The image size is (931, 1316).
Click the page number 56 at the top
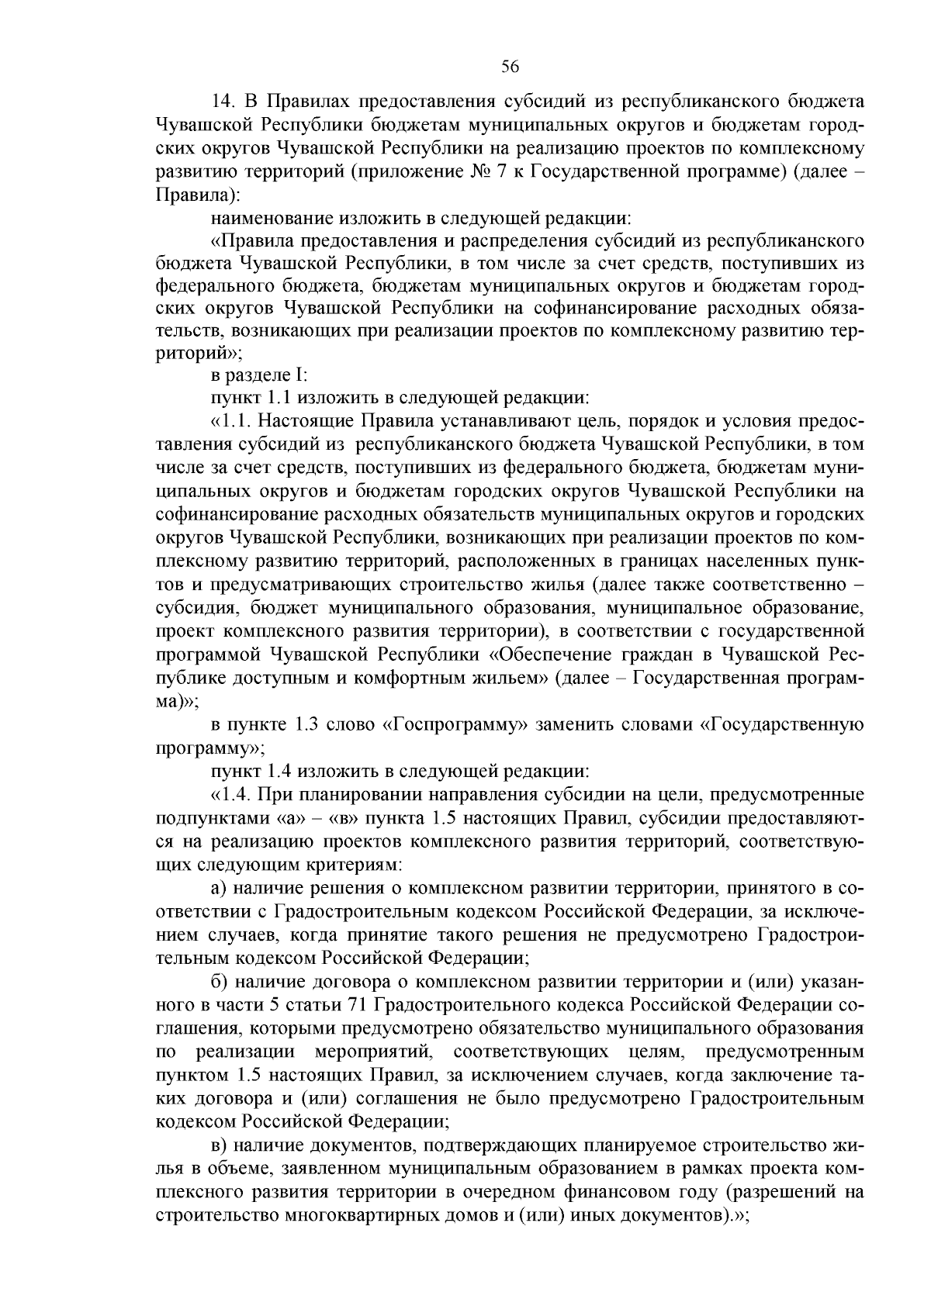(x=510, y=67)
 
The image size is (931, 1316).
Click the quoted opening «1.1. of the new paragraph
(x=230, y=422)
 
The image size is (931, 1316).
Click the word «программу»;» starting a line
(x=210, y=748)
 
